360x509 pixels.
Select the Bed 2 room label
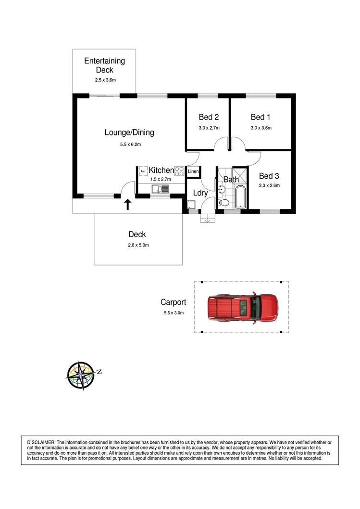click(209, 117)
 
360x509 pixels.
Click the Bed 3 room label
click(269, 176)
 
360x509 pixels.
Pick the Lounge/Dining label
click(129, 133)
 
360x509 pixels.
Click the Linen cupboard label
click(193, 171)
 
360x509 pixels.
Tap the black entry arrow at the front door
click(128, 205)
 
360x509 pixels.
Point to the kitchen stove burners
click(179, 171)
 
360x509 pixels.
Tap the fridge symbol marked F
click(143, 171)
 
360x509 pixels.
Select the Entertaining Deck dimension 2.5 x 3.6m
click(105, 80)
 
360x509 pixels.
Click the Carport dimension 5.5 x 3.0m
click(173, 313)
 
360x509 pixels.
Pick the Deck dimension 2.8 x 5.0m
click(138, 245)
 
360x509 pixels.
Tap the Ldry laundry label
click(200, 193)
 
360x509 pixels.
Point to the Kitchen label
click(161, 170)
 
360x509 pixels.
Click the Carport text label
click(173, 303)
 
